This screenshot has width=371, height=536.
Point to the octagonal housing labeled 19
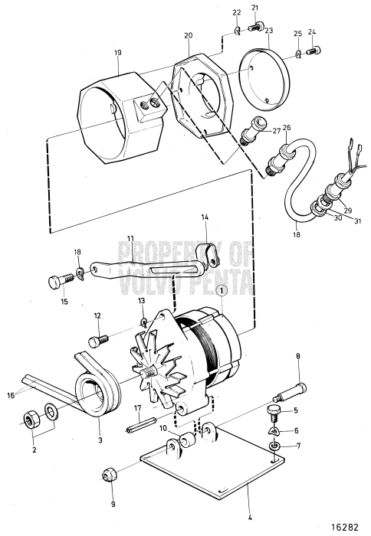coord(123,115)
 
